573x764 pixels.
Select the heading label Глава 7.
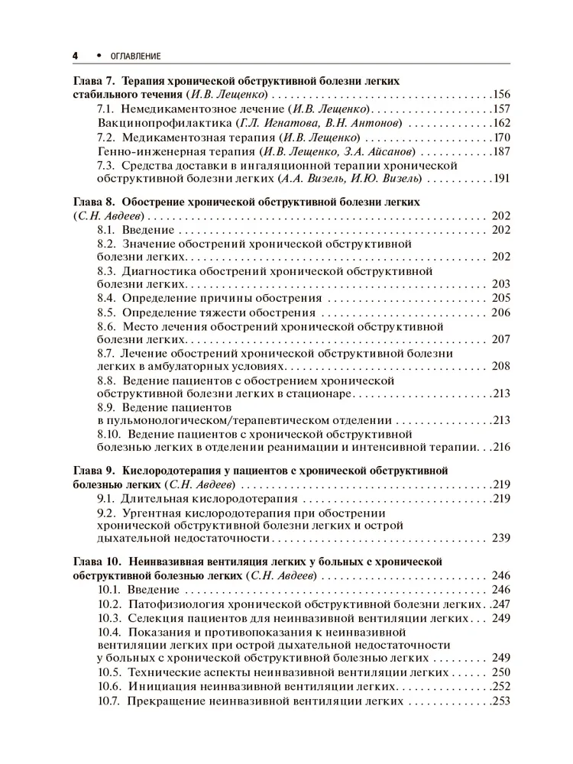(94, 81)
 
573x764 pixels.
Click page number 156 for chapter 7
(501, 95)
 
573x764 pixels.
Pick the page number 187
(501, 151)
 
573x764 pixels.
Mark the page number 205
(501, 298)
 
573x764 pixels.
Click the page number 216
(501, 447)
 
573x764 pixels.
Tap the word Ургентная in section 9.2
(157, 513)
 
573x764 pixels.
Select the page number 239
(501, 539)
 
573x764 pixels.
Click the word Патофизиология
(176, 604)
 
